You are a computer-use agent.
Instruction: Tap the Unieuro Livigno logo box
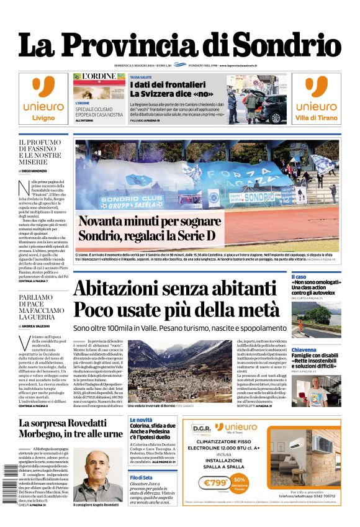[x=43, y=99]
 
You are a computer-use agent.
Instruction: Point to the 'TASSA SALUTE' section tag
[x=141, y=77]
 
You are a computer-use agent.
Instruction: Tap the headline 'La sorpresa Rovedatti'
[x=70, y=423]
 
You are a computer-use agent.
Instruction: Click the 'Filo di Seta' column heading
[x=141, y=477]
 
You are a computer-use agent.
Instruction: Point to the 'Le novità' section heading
[x=141, y=420]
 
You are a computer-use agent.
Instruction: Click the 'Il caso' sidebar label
[x=299, y=277]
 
